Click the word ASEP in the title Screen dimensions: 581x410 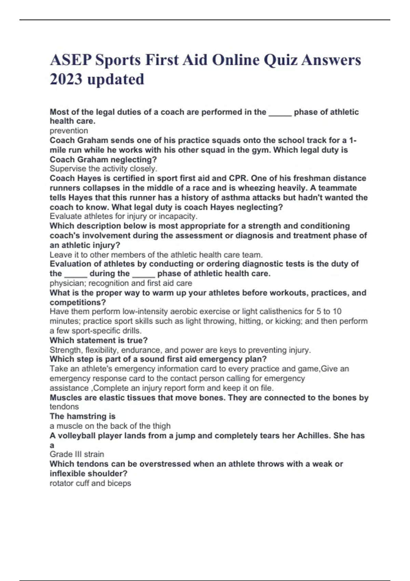point(70,60)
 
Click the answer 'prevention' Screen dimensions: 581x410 point(69,131)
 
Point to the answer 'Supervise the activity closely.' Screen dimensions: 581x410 point(103,168)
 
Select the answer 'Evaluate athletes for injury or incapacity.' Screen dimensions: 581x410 point(123,216)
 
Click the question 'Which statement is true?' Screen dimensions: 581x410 point(98,340)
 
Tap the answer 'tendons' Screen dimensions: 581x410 point(64,407)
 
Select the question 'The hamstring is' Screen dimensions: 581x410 point(82,416)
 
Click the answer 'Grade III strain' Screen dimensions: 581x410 point(77,454)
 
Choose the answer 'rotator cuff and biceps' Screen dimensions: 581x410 point(90,483)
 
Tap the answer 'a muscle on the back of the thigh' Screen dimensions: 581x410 point(110,426)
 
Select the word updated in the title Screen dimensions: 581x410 point(115,79)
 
